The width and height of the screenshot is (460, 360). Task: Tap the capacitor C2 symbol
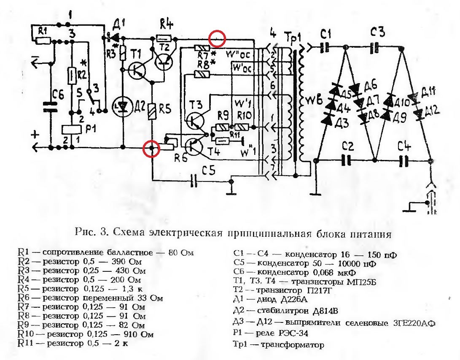(347, 160)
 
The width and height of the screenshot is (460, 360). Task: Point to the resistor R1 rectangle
(43, 41)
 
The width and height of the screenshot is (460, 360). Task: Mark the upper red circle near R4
(217, 39)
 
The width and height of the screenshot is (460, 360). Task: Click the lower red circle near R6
(152, 148)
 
